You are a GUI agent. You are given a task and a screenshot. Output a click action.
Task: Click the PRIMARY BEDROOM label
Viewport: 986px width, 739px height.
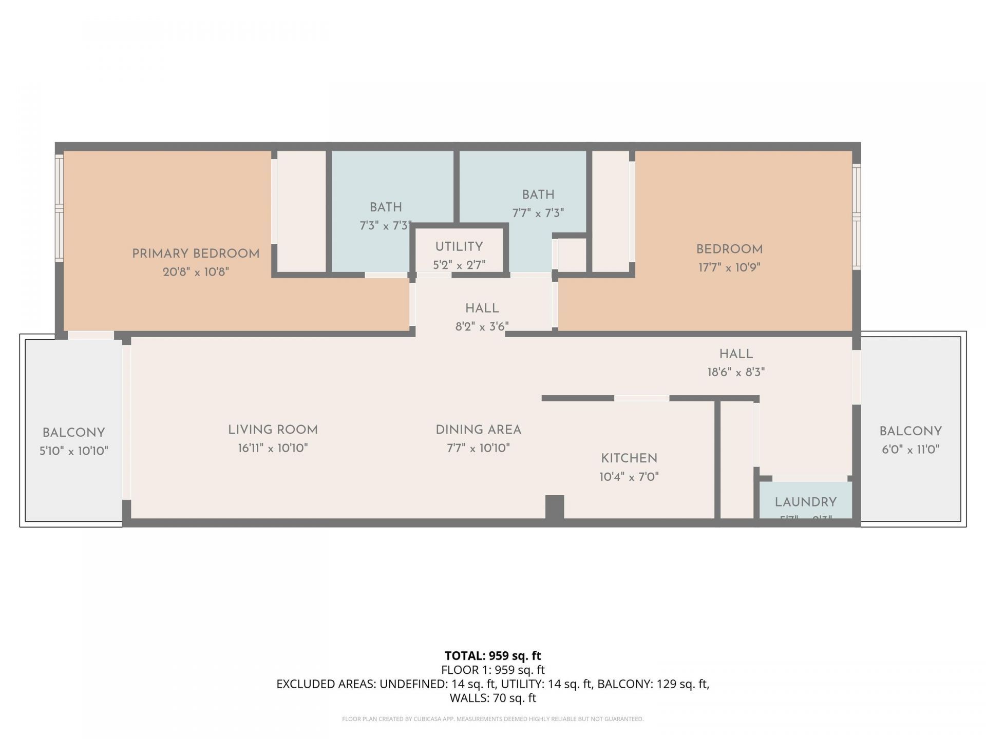(x=196, y=254)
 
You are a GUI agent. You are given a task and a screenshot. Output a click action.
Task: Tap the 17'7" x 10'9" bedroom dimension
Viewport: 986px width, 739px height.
(x=729, y=267)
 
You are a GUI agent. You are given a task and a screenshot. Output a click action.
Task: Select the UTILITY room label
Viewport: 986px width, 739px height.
(x=459, y=247)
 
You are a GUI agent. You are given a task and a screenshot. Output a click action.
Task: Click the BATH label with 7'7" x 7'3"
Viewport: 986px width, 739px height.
(x=538, y=195)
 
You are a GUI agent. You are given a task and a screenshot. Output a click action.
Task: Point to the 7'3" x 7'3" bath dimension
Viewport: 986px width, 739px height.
(x=385, y=226)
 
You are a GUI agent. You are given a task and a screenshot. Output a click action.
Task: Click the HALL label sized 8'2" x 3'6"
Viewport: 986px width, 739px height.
(x=482, y=308)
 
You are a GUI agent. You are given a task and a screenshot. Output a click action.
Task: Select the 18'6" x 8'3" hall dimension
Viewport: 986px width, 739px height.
(x=736, y=373)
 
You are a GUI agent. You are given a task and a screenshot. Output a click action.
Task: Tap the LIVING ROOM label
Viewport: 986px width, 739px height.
(x=273, y=430)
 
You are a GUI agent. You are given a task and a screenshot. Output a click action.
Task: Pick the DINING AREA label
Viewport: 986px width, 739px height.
(x=478, y=430)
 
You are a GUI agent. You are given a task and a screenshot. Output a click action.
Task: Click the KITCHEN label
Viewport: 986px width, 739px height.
(x=629, y=458)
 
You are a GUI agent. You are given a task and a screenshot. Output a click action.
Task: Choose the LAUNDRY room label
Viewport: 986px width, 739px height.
(x=805, y=502)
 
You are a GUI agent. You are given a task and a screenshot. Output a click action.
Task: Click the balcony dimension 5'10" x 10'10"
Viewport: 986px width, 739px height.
(x=74, y=451)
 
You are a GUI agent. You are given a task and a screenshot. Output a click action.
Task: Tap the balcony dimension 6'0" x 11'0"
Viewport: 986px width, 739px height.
(x=910, y=450)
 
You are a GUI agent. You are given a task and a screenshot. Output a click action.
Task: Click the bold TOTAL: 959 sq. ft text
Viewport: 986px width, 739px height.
(x=492, y=656)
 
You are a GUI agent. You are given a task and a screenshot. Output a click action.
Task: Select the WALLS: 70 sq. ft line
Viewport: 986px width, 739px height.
(x=492, y=698)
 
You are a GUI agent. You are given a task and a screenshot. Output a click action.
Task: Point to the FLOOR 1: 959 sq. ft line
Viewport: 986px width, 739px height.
(x=492, y=670)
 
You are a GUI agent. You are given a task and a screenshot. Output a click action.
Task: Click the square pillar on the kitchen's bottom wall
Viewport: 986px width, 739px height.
(x=554, y=507)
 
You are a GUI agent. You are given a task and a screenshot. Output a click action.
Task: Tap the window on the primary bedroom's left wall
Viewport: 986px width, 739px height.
(x=59, y=208)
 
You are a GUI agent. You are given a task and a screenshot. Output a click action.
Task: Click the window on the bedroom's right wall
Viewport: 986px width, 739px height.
(x=856, y=216)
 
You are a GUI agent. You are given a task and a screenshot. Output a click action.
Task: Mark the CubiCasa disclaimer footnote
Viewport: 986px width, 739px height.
(x=492, y=719)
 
